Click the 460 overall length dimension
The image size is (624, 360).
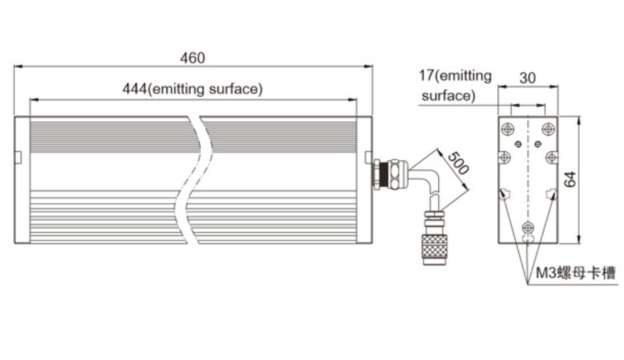[192, 58]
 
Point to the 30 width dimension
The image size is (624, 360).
[527, 78]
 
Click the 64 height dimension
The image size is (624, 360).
[571, 179]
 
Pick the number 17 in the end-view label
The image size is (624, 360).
[427, 76]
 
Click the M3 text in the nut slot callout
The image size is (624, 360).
[543, 274]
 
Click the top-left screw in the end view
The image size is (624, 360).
[507, 127]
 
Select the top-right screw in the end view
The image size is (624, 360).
[548, 127]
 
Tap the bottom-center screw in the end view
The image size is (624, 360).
[526, 227]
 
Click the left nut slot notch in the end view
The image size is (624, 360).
[503, 193]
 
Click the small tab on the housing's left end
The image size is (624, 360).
[18, 157]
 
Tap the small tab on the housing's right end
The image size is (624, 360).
[368, 157]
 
